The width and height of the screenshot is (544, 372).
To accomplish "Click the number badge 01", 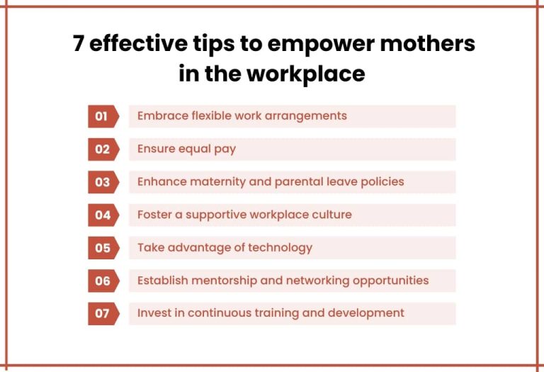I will point(103,116).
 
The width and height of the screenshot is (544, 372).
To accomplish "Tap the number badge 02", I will point(103,149).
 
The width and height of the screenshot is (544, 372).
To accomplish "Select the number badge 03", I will point(103,182).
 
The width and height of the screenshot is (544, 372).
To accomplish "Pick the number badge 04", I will point(103,215).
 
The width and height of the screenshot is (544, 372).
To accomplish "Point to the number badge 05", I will point(103,248).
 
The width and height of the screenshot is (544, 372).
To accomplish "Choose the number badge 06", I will point(103,281).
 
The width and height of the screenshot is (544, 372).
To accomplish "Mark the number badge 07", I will point(103,313).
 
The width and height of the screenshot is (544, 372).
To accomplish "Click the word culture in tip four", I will point(330,214).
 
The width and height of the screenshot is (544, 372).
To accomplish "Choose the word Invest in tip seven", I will point(152,312).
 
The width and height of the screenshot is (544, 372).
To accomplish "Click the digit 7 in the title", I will point(79,44).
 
